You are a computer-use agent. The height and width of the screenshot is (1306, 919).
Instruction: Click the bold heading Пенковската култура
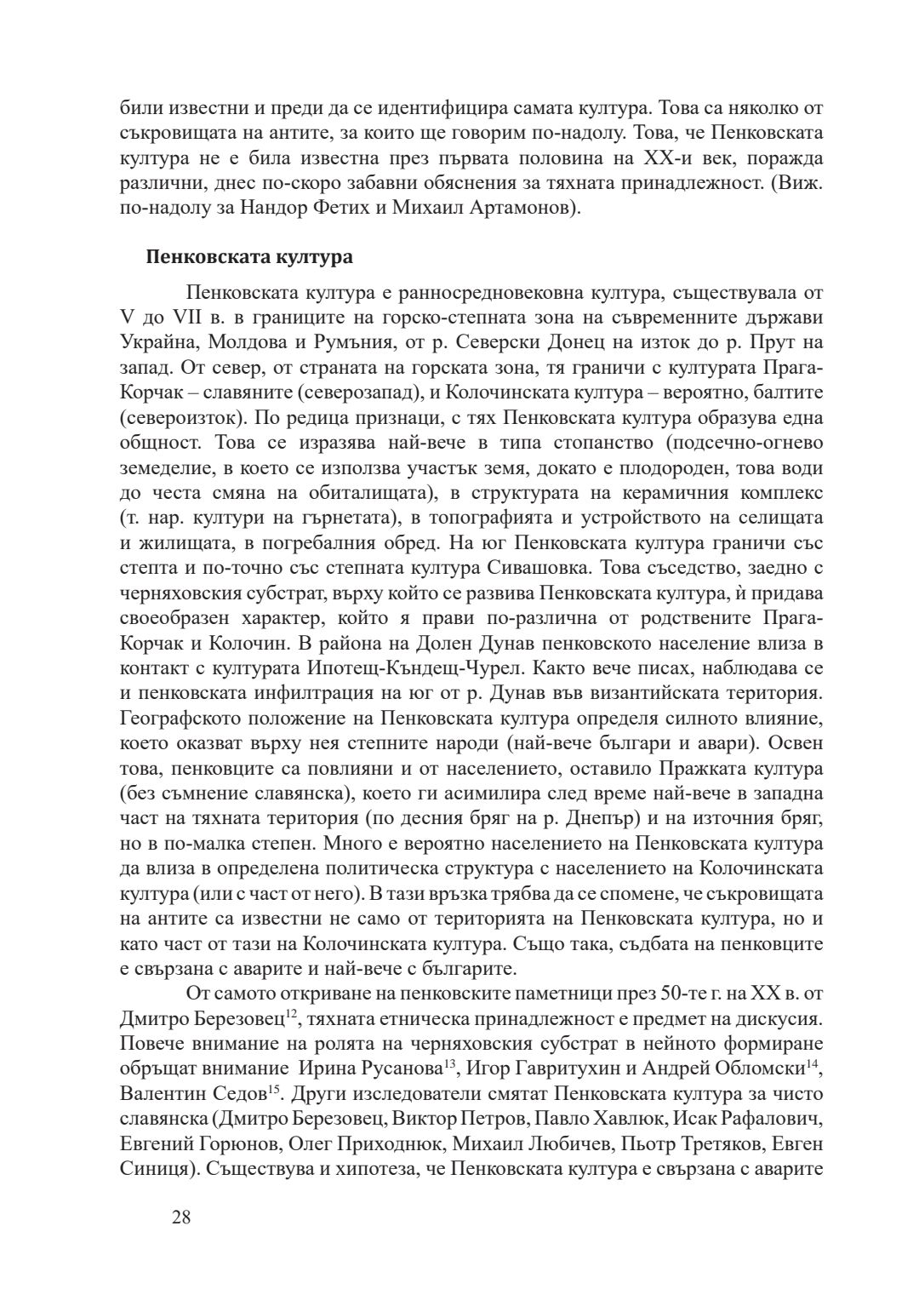pos(249,256)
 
